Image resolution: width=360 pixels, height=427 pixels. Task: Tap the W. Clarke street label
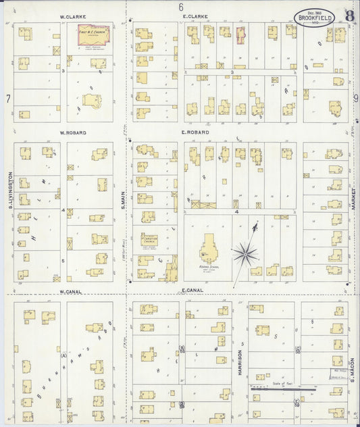71,16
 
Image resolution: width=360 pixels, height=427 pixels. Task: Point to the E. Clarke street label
195,16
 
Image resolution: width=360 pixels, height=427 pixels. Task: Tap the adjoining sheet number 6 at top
181,7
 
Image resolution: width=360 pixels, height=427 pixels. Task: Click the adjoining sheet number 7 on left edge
7,99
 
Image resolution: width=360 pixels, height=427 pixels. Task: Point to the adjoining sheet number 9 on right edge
355,99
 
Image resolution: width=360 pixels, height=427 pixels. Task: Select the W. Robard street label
72,133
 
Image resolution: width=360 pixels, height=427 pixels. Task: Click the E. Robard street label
195,133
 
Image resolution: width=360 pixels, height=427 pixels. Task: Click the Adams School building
208,249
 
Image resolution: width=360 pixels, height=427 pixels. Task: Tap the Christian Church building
150,243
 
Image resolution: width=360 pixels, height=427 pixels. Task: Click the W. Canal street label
71,292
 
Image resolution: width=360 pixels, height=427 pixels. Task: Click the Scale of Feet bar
283,389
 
